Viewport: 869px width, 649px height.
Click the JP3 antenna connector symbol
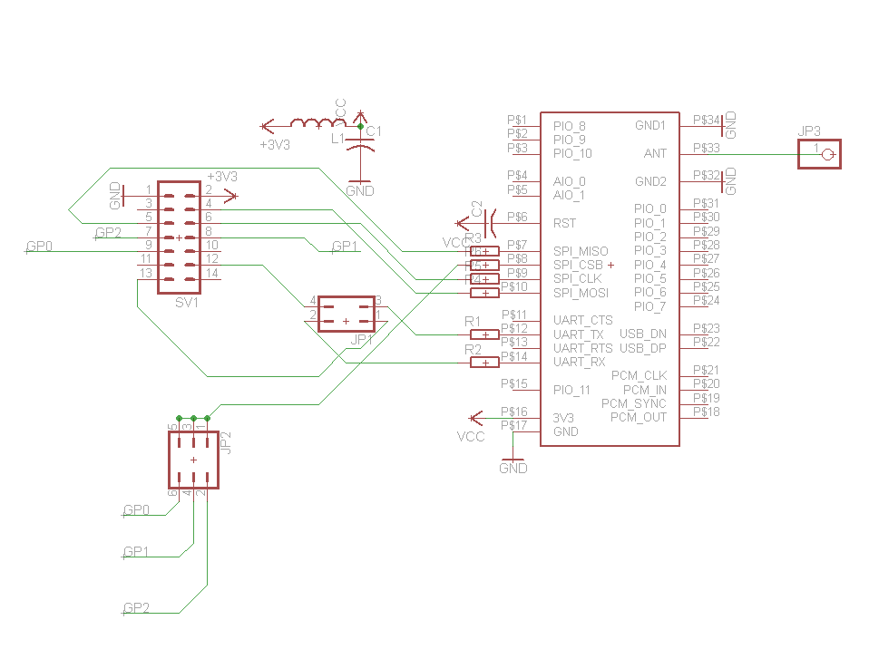coord(819,153)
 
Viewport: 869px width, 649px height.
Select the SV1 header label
coord(187,304)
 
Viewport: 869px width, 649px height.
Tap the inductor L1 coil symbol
coord(311,124)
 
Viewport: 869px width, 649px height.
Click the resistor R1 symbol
coord(484,334)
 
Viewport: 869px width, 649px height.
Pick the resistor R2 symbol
coord(484,363)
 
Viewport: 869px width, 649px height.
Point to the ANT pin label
coord(655,153)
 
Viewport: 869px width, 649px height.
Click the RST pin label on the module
coord(564,223)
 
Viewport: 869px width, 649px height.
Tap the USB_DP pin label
coord(643,348)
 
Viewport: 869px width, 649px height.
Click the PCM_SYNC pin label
coord(634,403)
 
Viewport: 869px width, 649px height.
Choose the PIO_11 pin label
coord(571,390)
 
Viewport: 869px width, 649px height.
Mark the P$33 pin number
coord(706,147)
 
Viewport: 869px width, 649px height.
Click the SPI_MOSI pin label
coord(581,293)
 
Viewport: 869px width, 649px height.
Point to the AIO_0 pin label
coord(569,181)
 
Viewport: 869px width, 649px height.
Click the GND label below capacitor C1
coord(360,191)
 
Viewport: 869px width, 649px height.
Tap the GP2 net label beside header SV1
coord(108,233)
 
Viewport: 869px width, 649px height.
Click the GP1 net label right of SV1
coord(345,247)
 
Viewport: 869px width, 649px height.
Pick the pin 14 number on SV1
coord(212,273)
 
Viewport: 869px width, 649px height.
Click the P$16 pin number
coord(513,412)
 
